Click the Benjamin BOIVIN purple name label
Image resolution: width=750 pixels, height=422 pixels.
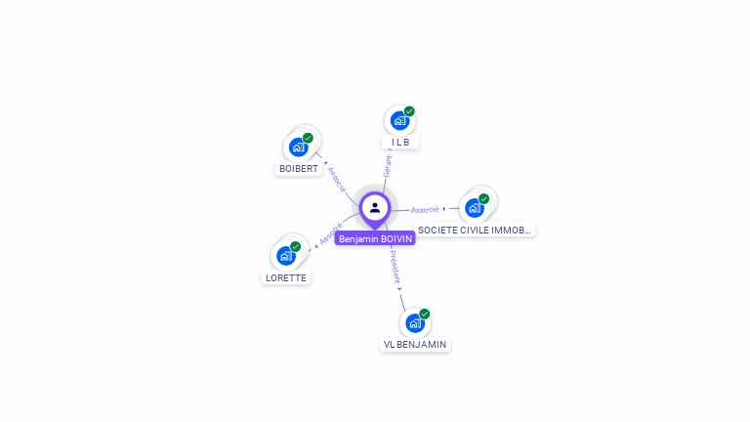point(375,238)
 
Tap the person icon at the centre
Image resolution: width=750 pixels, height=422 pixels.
point(375,207)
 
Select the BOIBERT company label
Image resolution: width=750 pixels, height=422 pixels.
point(299,168)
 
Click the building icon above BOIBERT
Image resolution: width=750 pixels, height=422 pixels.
point(298,148)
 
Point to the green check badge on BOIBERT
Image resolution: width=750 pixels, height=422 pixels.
point(308,138)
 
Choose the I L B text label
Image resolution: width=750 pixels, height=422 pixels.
point(399,142)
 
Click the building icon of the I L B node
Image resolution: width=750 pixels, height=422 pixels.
point(398,120)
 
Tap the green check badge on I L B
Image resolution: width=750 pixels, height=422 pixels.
point(409,111)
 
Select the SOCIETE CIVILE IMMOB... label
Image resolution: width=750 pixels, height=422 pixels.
point(475,231)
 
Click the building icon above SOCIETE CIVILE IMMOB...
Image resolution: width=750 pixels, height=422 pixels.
point(475,207)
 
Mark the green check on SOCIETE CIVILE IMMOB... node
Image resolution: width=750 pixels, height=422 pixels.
point(484,198)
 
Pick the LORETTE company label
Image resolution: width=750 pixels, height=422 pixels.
point(286,277)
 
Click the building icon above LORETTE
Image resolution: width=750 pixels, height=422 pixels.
point(285,255)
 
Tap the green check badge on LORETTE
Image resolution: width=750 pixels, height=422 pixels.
point(295,246)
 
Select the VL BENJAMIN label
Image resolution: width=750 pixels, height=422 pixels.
point(415,344)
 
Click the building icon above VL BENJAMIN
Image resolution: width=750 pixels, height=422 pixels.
point(414,322)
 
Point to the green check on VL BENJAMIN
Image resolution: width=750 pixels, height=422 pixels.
point(424,314)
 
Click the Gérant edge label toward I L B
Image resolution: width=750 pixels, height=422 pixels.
point(387,166)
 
